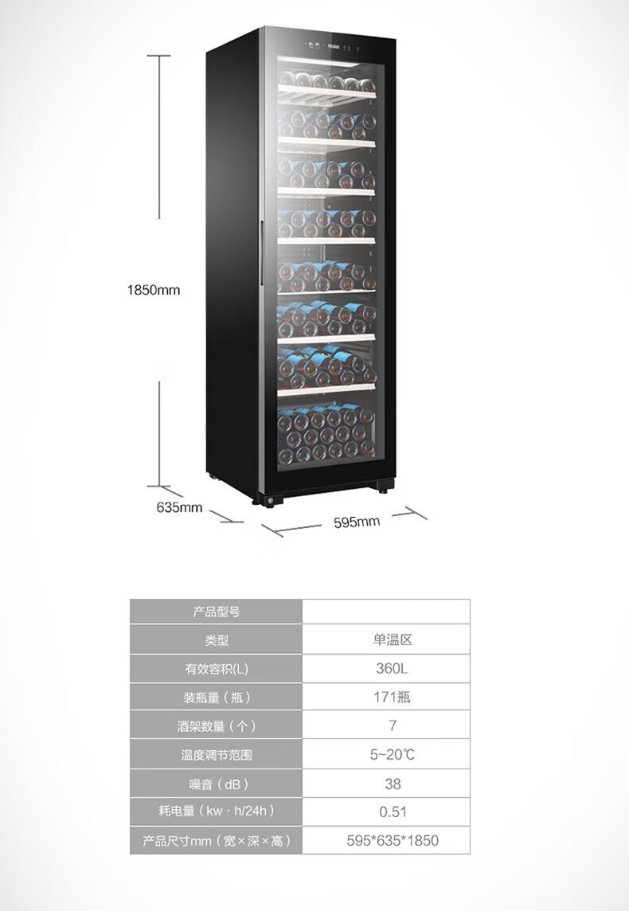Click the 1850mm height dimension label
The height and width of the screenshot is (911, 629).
[154, 290]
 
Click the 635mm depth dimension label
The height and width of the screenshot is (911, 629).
[179, 507]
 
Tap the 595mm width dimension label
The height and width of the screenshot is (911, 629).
[356, 522]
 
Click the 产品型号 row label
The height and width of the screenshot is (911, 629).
[216, 612]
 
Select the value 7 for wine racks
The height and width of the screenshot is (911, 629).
[393, 726]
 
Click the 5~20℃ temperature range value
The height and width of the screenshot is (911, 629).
[393, 755]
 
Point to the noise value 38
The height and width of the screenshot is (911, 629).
[393, 784]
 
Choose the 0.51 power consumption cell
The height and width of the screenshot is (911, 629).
[393, 812]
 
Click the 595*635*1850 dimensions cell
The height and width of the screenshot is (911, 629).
[393, 840]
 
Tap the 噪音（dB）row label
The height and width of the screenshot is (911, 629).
[216, 784]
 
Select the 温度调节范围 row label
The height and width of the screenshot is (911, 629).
[216, 755]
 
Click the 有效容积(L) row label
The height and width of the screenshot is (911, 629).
[216, 669]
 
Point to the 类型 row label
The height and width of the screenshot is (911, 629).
[216, 639]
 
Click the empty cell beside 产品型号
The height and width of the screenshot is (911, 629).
[386, 612]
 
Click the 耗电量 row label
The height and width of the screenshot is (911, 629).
[216, 811]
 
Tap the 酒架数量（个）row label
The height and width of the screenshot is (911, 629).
[216, 726]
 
